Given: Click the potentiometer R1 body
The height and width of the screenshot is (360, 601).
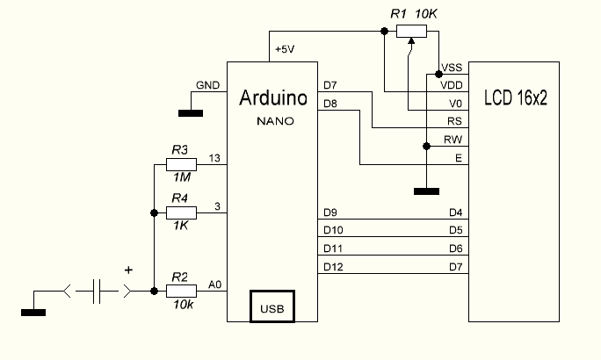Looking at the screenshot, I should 411,32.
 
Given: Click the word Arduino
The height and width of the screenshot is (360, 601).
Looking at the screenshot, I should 272,98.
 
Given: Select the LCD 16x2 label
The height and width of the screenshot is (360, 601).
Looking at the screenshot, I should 516,98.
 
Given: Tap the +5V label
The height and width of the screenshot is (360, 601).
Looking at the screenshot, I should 284,50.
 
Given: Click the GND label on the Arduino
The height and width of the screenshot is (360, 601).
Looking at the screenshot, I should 207,85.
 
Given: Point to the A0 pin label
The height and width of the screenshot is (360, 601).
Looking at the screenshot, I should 215,284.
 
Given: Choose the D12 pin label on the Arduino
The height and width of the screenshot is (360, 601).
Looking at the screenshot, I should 333,266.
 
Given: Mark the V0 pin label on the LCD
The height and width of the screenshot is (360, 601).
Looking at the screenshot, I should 454,103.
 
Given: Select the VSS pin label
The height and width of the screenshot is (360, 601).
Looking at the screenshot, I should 452,68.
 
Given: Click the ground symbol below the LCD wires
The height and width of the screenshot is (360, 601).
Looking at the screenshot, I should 425,190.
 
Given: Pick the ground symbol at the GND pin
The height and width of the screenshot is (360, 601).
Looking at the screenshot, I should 189,112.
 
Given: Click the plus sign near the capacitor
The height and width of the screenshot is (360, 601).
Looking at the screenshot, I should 129,270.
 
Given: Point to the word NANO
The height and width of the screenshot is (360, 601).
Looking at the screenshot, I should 272,119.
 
